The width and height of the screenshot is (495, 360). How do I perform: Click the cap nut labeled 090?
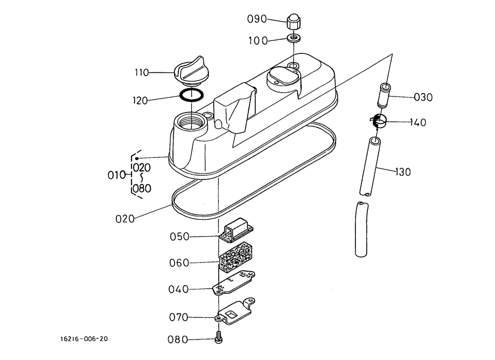(294, 22)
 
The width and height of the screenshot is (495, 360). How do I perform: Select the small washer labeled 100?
(294, 38)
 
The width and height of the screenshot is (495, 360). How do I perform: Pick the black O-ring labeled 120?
(192, 95)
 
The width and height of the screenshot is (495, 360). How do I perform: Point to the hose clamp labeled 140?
(379, 121)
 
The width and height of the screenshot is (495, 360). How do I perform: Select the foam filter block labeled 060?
(234, 257)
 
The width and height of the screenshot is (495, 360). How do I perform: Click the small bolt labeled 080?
(218, 337)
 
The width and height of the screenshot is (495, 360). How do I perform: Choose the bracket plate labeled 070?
(235, 311)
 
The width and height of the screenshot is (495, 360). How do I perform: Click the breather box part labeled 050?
(236, 230)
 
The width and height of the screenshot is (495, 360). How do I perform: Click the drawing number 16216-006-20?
(84, 339)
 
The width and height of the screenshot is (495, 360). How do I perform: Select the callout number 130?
(403, 172)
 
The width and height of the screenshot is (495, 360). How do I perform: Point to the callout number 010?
(117, 175)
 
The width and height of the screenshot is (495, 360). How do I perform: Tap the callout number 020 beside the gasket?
(125, 219)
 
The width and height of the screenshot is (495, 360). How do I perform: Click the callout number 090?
(257, 19)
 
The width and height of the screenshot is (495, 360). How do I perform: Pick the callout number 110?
(142, 73)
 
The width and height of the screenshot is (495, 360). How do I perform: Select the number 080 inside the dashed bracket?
(142, 189)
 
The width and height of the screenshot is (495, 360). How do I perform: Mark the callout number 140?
(418, 122)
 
